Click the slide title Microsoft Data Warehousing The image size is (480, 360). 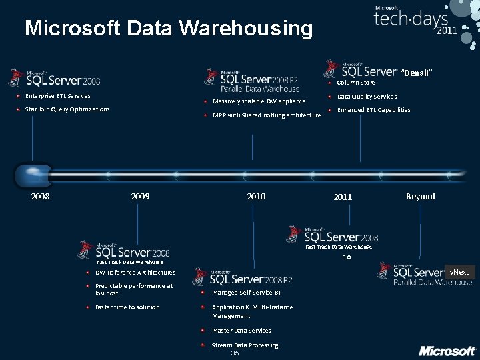[x=168, y=29]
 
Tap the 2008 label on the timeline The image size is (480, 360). [x=40, y=196]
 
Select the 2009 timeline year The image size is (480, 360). [x=140, y=196]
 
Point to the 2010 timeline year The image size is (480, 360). [x=256, y=196]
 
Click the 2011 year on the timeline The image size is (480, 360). [x=343, y=197]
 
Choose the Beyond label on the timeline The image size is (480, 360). [x=420, y=196]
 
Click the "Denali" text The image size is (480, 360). [x=418, y=73]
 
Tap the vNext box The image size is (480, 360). [x=459, y=272]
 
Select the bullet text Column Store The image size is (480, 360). [x=356, y=83]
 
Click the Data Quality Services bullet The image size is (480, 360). [x=367, y=97]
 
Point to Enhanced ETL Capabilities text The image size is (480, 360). [x=373, y=110]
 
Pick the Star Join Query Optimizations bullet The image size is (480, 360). [x=67, y=109]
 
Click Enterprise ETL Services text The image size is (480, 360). [x=58, y=96]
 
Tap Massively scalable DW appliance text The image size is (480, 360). [x=259, y=101]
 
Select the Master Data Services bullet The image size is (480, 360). [x=241, y=331]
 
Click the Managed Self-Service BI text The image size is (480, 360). [x=246, y=293]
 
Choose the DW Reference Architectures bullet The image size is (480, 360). [x=135, y=273]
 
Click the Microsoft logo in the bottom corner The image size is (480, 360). [x=447, y=351]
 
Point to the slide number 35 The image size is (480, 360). [x=235, y=353]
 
